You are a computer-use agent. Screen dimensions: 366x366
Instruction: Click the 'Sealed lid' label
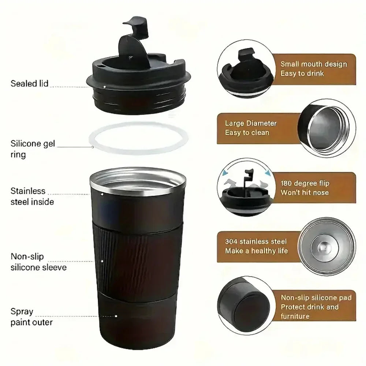(29, 83)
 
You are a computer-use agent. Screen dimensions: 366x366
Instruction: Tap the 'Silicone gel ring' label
(33, 149)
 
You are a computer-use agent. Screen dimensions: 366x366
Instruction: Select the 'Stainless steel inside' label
(32, 196)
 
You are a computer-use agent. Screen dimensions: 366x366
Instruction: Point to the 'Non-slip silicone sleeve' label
(38, 262)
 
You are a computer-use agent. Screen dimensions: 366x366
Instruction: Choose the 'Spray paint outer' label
(31, 317)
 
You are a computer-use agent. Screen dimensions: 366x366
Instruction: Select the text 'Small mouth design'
(313, 64)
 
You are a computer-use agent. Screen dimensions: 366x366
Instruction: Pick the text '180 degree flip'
(305, 183)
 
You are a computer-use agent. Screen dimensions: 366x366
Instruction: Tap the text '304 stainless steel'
(256, 242)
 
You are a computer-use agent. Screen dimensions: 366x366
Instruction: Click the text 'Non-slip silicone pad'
(316, 298)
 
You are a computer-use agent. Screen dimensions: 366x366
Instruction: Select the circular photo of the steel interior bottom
(326, 246)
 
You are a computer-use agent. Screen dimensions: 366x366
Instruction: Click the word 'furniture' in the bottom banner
(295, 316)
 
